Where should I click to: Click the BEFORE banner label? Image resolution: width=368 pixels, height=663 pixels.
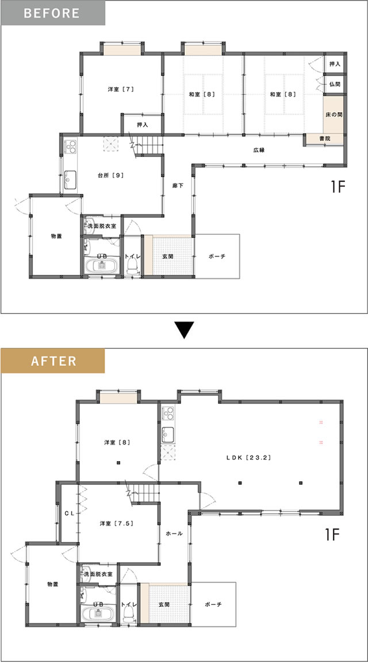[52, 13]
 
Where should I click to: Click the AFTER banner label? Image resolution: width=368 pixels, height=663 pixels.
[53, 361]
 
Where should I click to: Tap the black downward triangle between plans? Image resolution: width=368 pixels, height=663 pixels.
[184, 330]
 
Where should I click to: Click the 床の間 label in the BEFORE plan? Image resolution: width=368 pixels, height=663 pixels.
[333, 115]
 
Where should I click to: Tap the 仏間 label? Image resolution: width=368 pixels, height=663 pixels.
[335, 85]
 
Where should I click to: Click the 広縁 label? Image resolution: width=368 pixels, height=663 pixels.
[259, 150]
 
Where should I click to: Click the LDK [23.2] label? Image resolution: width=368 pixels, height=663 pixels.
[248, 457]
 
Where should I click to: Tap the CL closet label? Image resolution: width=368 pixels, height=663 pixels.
[70, 513]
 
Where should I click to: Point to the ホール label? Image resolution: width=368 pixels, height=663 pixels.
[174, 534]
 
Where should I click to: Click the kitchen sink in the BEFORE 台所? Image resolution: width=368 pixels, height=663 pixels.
[70, 181]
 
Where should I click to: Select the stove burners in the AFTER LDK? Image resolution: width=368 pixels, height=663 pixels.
[168, 413]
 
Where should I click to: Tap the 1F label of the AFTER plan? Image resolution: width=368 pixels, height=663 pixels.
[333, 535]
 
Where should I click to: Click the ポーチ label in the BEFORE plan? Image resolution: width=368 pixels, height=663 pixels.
[217, 256]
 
